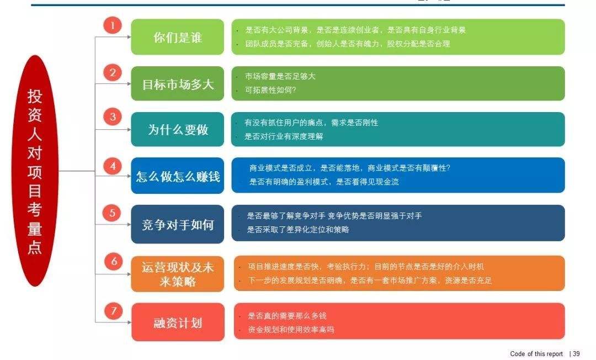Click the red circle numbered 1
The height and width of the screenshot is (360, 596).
click(113, 25)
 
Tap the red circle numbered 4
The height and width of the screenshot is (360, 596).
click(113, 166)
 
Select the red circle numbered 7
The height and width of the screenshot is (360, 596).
click(113, 311)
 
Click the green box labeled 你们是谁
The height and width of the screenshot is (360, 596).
click(178, 37)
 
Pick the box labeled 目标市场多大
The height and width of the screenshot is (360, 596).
click(178, 83)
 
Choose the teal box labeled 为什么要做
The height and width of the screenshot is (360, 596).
click(178, 129)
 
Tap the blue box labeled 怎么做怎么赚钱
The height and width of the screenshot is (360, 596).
click(178, 176)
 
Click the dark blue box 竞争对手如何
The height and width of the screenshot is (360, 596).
click(178, 224)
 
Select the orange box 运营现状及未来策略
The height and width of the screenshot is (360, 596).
click(178, 274)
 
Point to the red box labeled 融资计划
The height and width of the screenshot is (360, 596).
click(178, 322)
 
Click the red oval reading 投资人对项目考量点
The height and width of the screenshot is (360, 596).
click(35, 171)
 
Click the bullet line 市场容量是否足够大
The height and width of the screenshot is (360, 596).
click(280, 76)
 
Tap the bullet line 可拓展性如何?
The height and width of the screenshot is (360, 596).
click(270, 90)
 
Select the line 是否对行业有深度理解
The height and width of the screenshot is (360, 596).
click(284, 136)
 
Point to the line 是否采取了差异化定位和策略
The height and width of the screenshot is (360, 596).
click(298, 230)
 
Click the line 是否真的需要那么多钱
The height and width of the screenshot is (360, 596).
click(288, 316)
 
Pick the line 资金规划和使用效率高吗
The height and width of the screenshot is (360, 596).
click(291, 330)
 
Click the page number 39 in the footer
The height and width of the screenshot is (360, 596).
click(576, 354)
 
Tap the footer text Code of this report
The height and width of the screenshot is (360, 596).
click(536, 354)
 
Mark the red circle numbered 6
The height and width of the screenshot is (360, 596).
click(114, 261)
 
